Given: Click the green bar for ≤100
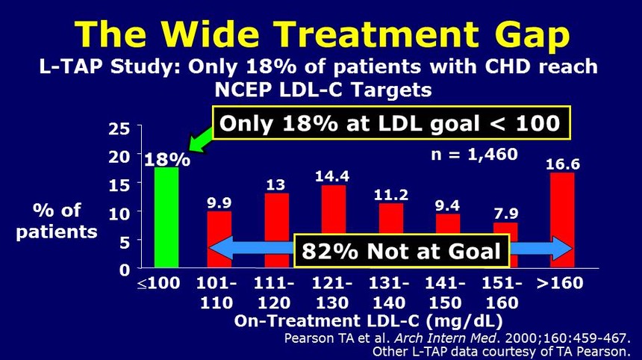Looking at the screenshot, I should tap(166, 217).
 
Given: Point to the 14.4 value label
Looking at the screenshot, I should tap(334, 176).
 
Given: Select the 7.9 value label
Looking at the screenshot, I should tap(505, 214).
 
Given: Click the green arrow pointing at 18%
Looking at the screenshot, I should tap(199, 140).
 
